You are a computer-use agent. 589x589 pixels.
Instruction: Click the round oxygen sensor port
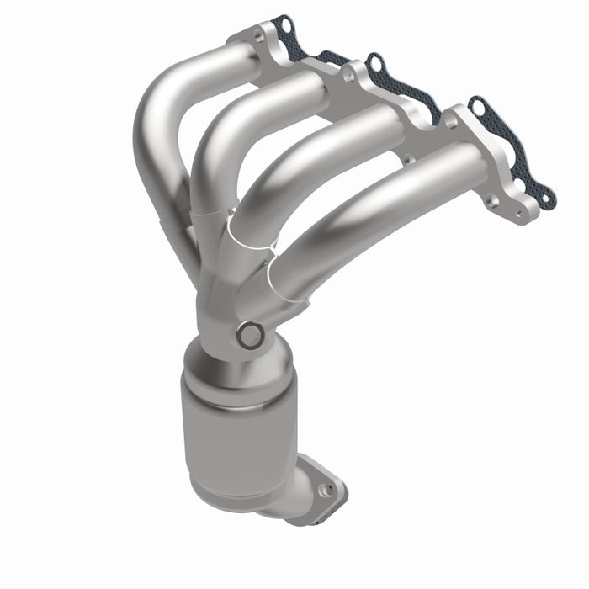click(250, 336)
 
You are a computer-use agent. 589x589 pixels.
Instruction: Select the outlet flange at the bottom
click(320, 484)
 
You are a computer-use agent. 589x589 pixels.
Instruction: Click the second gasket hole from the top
click(375, 61)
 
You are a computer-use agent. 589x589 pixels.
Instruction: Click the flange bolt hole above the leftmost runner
click(257, 34)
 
